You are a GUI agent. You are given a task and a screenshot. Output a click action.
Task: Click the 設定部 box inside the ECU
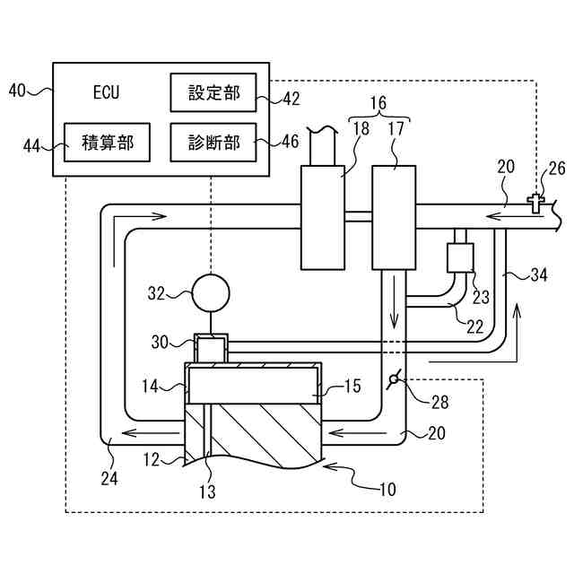214,91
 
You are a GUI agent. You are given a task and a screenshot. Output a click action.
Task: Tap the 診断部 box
214,143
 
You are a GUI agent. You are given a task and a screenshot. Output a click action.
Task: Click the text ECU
106,91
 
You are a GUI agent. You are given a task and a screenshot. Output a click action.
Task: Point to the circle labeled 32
211,292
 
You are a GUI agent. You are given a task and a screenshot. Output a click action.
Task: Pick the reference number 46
290,142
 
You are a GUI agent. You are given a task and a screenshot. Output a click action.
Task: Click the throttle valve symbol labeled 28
391,383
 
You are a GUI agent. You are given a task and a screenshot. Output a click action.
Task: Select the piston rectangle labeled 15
253,386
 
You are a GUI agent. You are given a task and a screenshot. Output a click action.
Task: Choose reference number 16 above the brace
378,103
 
